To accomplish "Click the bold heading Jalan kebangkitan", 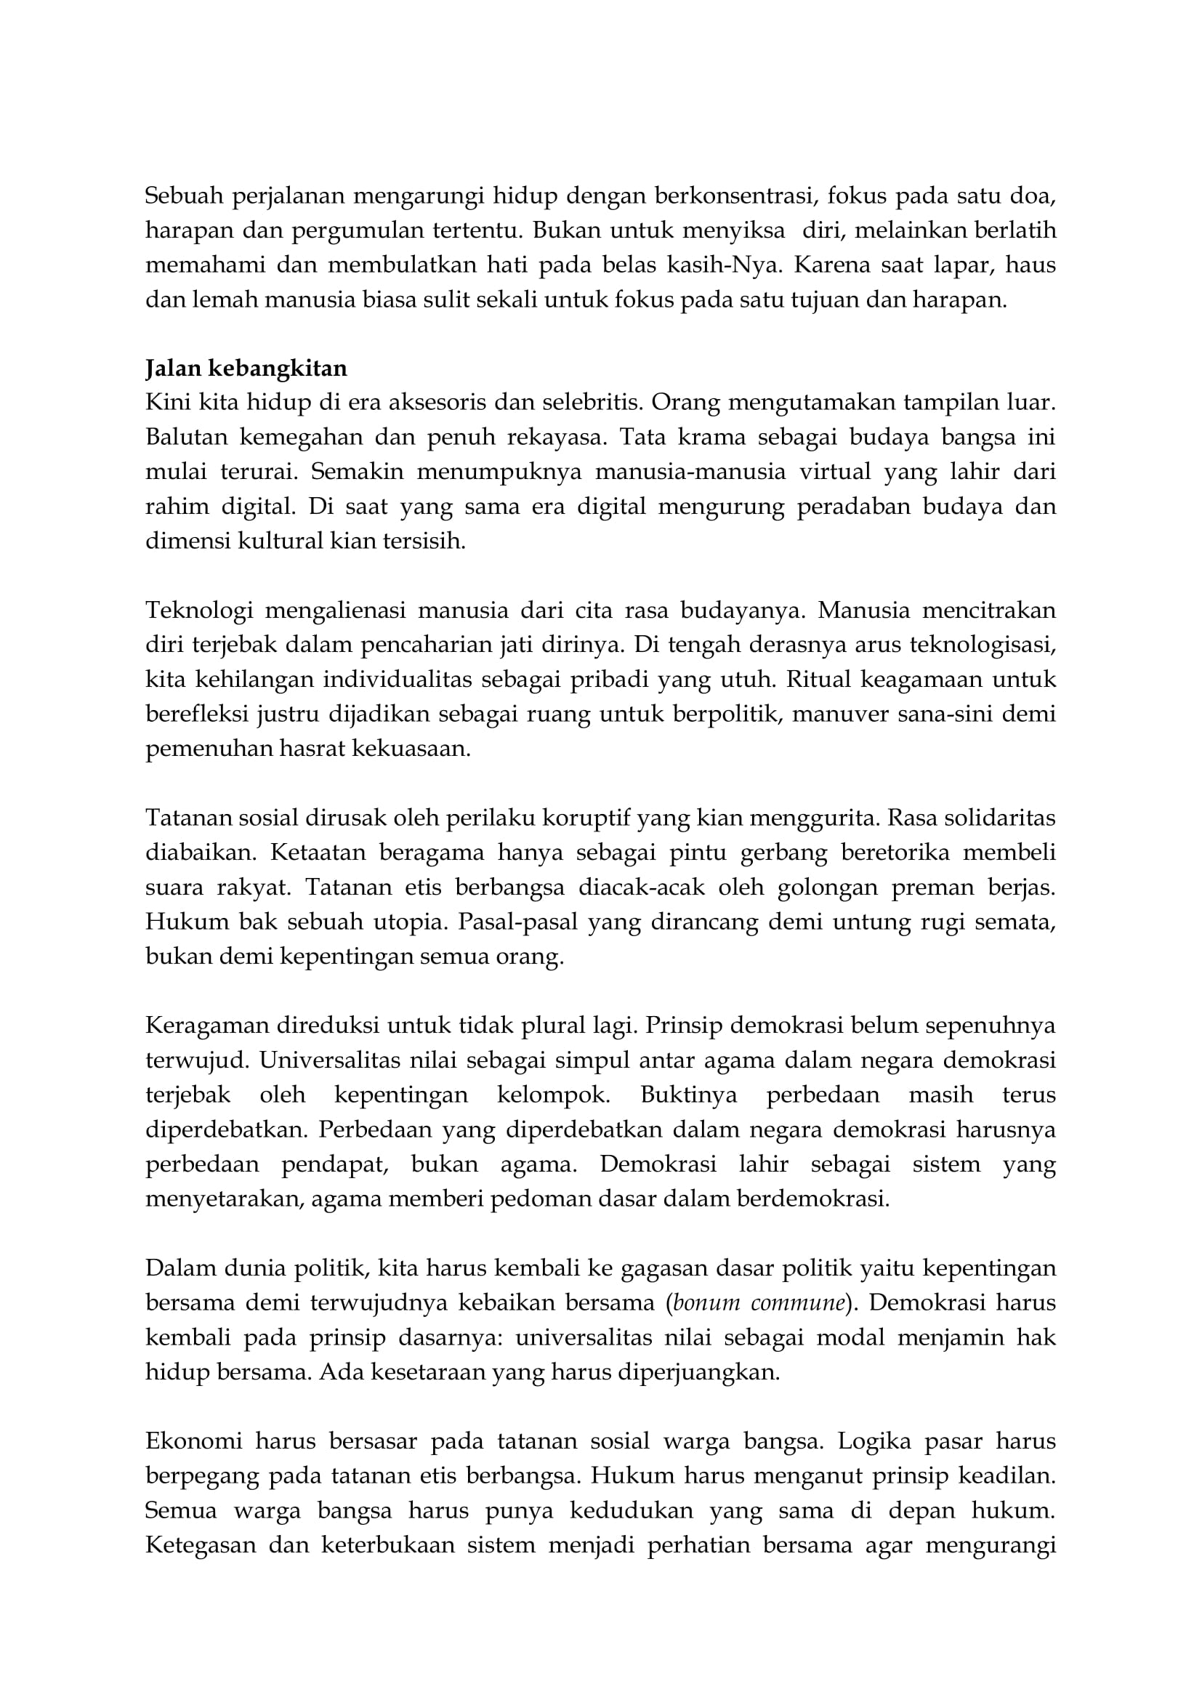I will (x=246, y=368).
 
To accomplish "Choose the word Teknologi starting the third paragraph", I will (x=199, y=610).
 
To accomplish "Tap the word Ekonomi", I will (x=194, y=1441).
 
